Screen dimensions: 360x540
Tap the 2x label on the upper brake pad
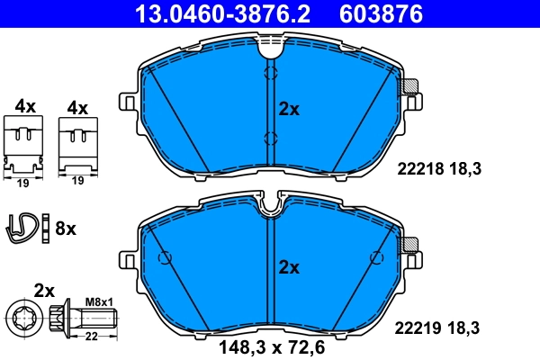click(288, 109)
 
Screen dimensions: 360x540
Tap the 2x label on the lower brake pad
click(288, 267)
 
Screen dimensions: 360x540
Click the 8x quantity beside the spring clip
click(66, 229)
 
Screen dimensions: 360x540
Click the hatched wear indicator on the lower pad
click(410, 244)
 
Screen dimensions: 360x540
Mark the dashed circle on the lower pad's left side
click(164, 258)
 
